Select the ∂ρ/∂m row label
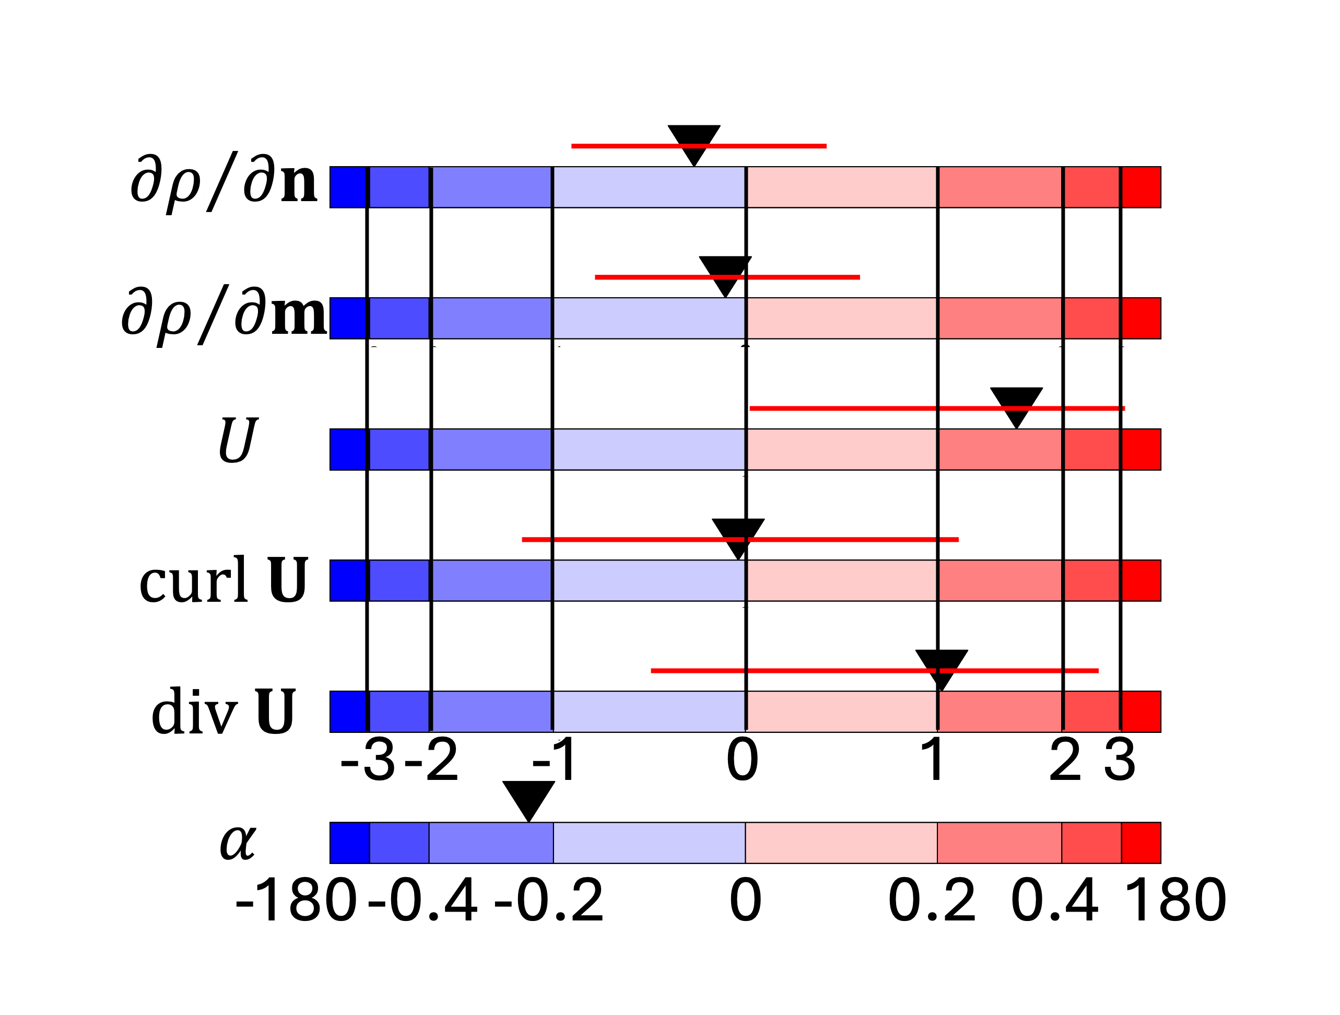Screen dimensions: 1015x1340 pyautogui.click(x=224, y=314)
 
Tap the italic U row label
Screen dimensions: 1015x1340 pyautogui.click(x=238, y=440)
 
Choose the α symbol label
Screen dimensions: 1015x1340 pyautogui.click(x=238, y=842)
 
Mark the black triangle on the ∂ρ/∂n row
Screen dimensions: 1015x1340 pyautogui.click(x=693, y=142)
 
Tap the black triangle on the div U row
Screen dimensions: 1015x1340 pyautogui.click(x=941, y=666)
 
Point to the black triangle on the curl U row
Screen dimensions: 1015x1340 pyautogui.click(x=738, y=535)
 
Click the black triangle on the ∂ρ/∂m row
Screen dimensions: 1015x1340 pyautogui.click(x=725, y=273)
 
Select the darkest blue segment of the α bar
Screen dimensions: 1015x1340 pyautogui.click(x=349, y=842)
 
